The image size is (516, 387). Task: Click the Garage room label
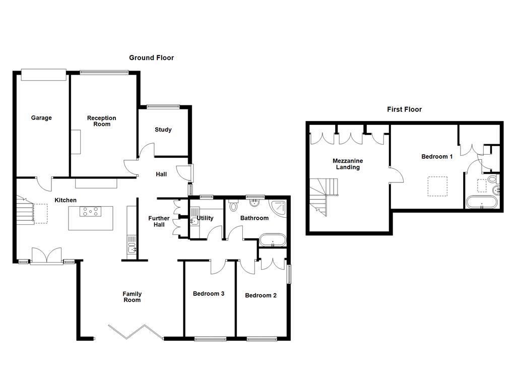(41, 118)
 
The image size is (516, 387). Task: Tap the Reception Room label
(101, 121)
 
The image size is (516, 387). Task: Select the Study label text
(163, 130)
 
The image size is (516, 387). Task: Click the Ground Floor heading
(151, 58)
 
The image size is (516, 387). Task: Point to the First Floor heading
(404, 109)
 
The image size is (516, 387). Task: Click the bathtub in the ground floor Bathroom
(272, 240)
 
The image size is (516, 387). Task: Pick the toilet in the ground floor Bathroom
(233, 206)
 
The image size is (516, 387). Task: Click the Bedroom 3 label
(209, 294)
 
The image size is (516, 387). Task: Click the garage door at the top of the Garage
(44, 75)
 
